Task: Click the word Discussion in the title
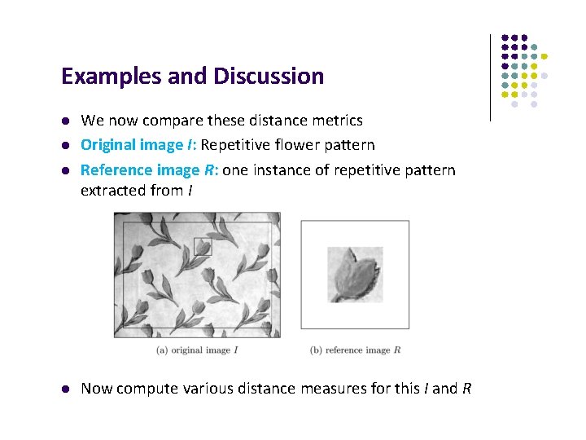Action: (x=268, y=77)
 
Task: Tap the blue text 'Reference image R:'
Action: (x=150, y=169)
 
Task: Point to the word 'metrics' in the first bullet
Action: (x=337, y=121)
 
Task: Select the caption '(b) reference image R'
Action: (x=355, y=350)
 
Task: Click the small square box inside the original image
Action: (x=203, y=246)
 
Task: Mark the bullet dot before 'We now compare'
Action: (x=66, y=121)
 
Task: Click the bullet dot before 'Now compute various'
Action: (x=66, y=389)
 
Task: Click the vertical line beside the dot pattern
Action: (x=490, y=77)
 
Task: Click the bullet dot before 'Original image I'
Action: (x=66, y=145)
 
